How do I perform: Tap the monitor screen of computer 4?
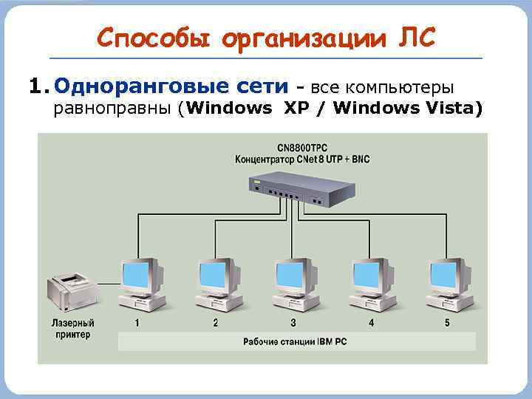(369, 275)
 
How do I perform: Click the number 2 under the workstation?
(216, 323)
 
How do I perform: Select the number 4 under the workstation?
(371, 323)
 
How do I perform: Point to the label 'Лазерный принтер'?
(72, 329)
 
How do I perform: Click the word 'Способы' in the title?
(140, 37)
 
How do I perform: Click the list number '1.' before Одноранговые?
(38, 87)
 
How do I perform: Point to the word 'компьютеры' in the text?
(403, 87)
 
